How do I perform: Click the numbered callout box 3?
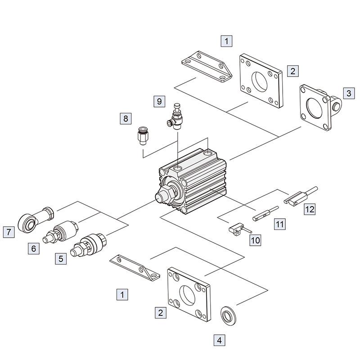click(348, 93)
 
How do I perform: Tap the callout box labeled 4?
click(219, 340)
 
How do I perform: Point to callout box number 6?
click(34, 248)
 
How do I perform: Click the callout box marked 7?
click(8, 232)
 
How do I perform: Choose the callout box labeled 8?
click(126, 119)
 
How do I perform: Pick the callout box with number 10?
click(255, 240)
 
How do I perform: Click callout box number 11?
click(280, 224)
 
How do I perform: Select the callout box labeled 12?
click(309, 209)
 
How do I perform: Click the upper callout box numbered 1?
click(227, 41)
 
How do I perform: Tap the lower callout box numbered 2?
click(160, 311)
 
